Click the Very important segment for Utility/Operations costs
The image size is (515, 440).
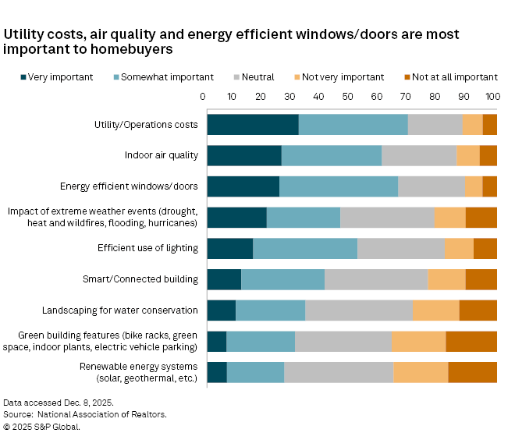(253, 125)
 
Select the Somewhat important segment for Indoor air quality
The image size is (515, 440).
(332, 155)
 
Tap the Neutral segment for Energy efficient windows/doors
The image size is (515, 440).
(431, 186)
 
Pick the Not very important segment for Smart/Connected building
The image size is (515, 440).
(446, 279)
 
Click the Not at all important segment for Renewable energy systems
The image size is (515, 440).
(472, 372)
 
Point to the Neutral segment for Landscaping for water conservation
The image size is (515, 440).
(358, 310)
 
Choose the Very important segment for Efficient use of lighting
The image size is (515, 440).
(230, 248)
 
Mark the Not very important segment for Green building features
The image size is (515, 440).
(418, 342)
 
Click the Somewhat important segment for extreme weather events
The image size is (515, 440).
(304, 218)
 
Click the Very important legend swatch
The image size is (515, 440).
(23, 77)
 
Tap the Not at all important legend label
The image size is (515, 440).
(456, 77)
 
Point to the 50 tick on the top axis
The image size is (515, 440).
(348, 97)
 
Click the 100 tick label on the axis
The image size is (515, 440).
(492, 97)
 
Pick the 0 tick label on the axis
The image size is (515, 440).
(203, 97)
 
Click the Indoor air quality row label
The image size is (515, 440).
(162, 155)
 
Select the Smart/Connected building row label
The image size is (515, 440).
(140, 279)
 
